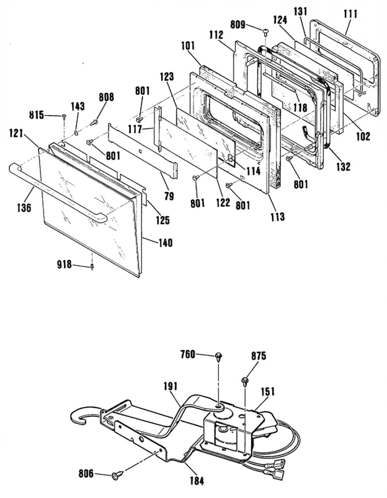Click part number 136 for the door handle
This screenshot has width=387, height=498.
(24, 207)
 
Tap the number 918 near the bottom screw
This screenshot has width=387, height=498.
(65, 265)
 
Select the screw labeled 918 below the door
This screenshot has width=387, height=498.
(92, 267)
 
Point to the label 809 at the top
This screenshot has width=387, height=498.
(238, 24)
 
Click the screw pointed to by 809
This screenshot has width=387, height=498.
(266, 32)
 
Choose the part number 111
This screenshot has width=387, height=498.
(351, 14)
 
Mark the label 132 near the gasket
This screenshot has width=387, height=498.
(344, 167)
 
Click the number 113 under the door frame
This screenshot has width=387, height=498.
(277, 216)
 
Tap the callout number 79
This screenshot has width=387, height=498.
(169, 196)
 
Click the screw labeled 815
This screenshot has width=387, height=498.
(64, 117)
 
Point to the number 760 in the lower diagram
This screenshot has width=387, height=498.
(188, 355)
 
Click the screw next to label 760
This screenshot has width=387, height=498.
(218, 357)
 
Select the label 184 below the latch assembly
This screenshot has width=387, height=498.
(197, 481)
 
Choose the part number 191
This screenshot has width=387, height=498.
(170, 387)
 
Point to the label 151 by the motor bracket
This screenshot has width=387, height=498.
(268, 392)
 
